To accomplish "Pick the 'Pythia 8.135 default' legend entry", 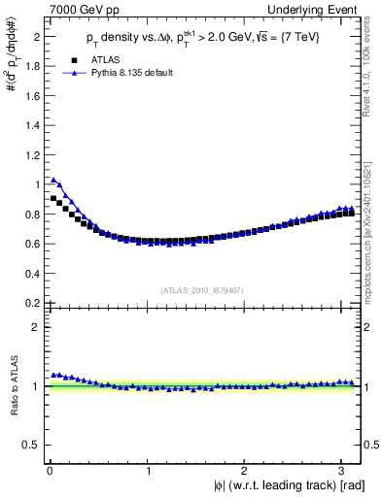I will pyautogui.click(x=129, y=73).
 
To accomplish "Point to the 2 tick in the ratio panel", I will pyautogui.click(x=39, y=327).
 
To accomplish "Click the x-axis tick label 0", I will pyautogui.click(x=49, y=471).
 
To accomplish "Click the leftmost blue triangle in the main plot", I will pyautogui.click(x=53, y=180).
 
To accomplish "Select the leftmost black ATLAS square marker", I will pyautogui.click(x=53, y=198).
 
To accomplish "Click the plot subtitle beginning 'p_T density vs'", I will pyautogui.click(x=192, y=40).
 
